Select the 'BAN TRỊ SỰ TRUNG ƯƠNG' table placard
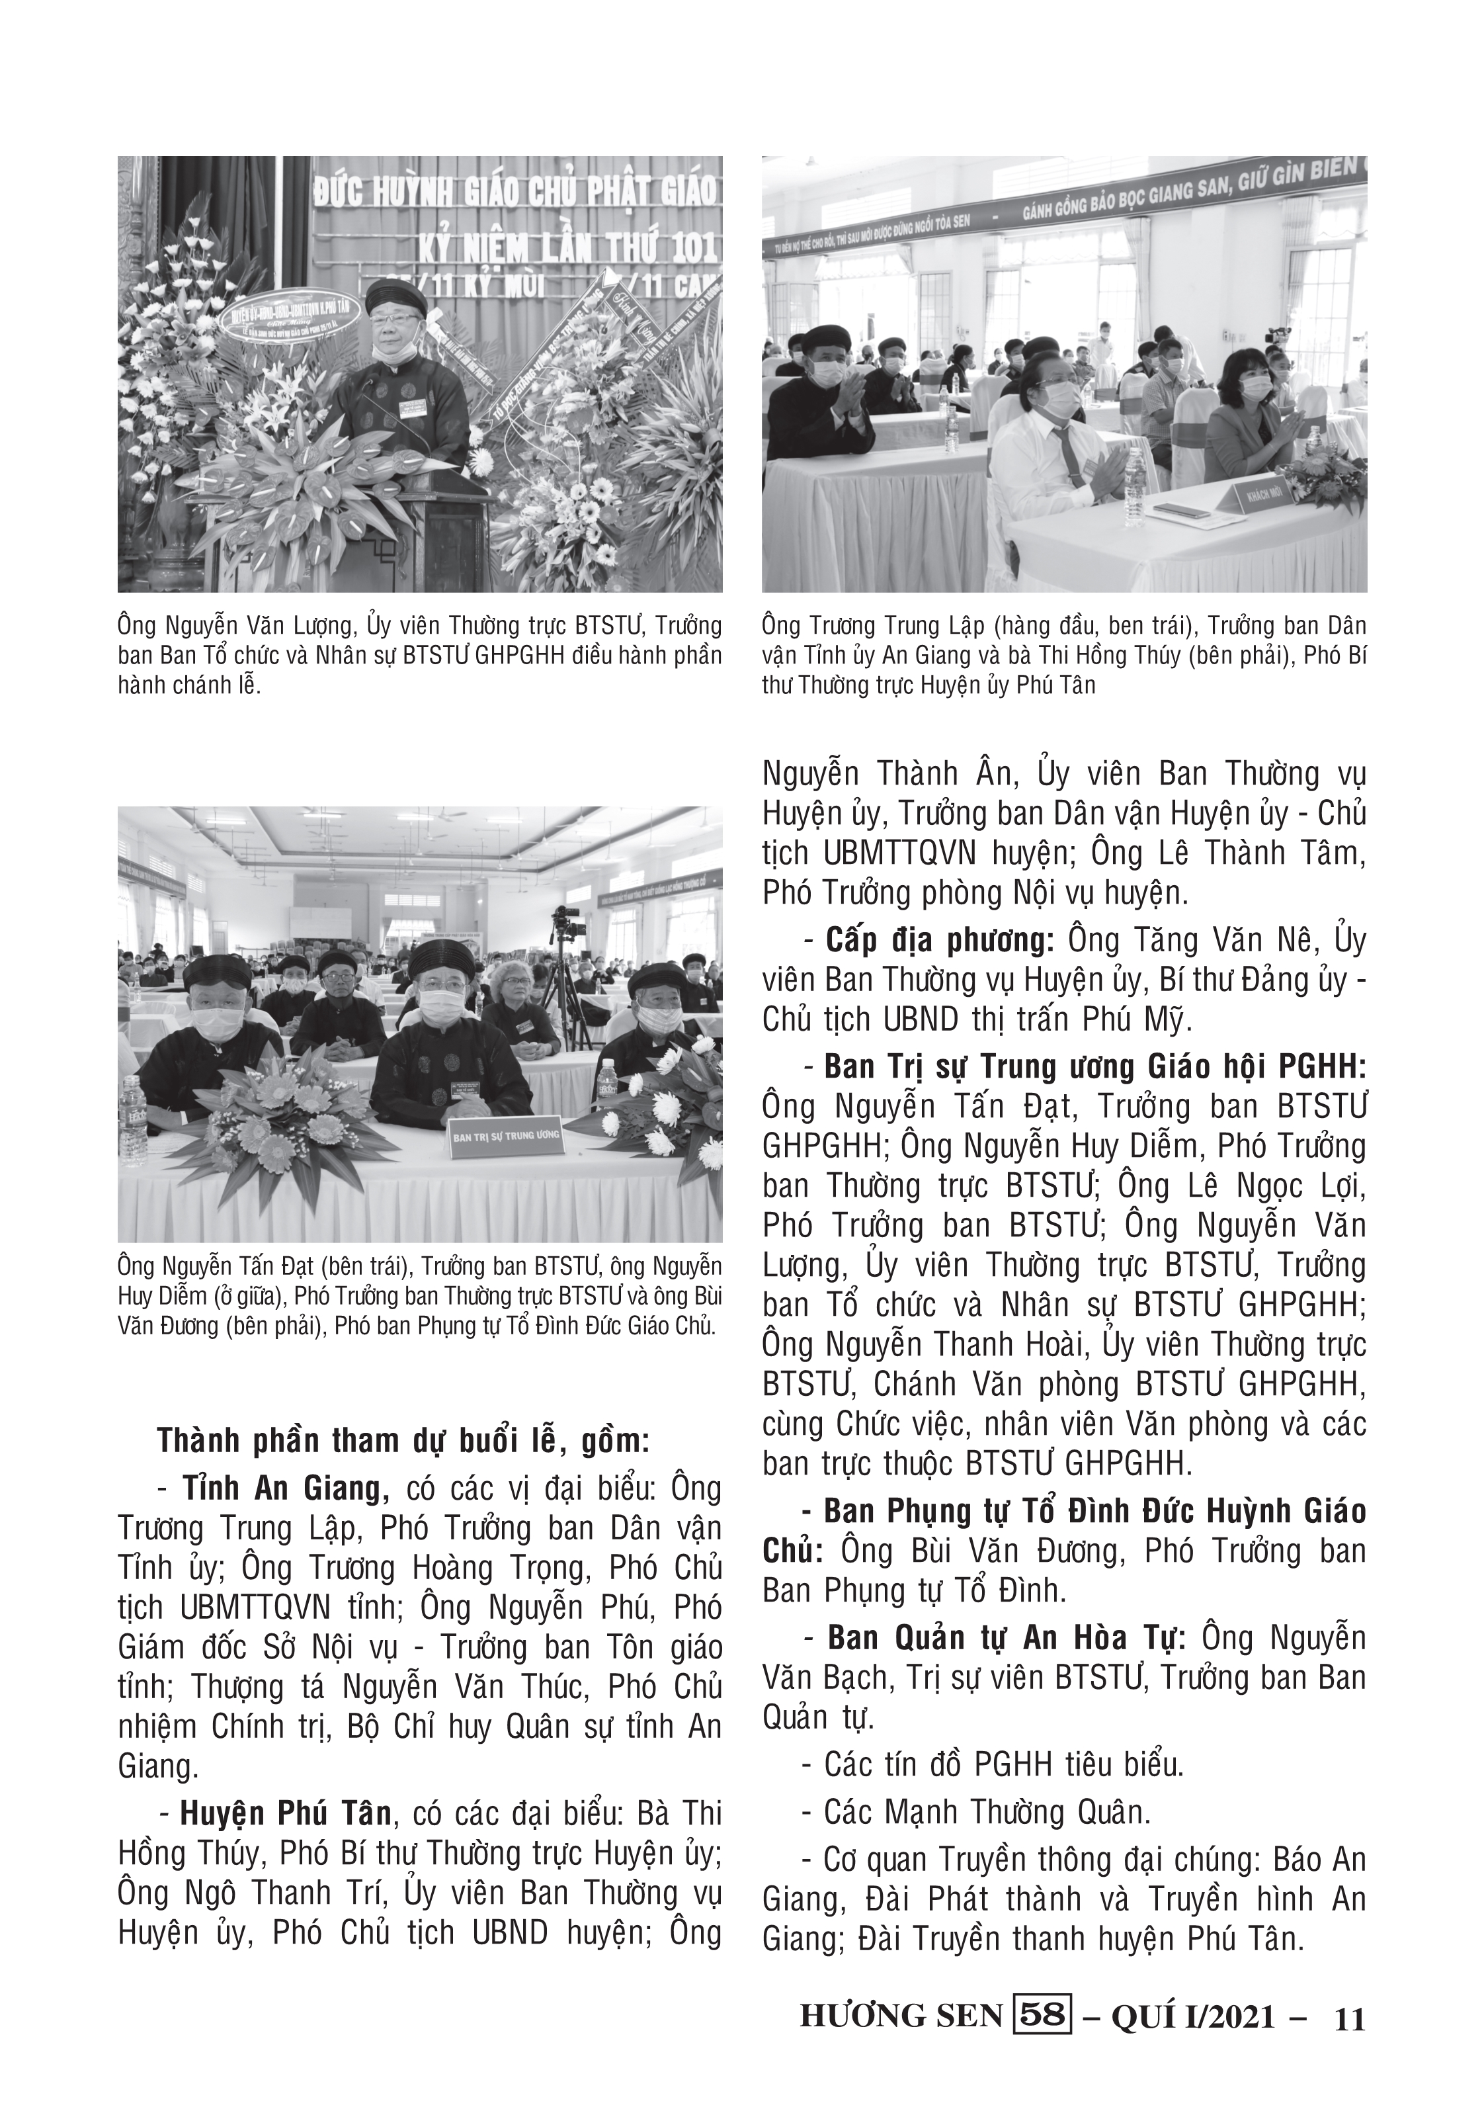tap(505, 1137)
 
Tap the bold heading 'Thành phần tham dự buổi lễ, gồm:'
tap(402, 1440)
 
